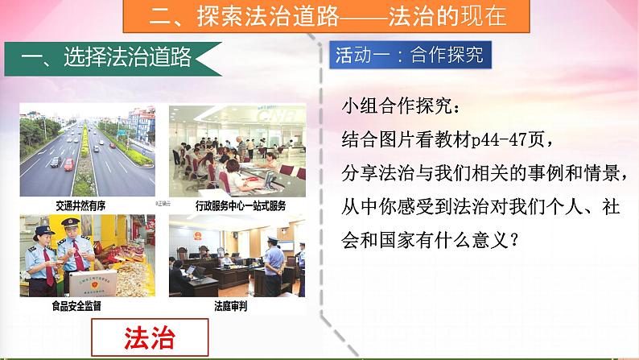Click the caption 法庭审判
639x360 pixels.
click(x=232, y=306)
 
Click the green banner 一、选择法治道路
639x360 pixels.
click(x=113, y=57)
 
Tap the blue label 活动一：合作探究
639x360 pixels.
click(x=411, y=56)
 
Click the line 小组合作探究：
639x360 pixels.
click(x=402, y=106)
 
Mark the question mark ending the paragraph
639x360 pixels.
click(x=513, y=238)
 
